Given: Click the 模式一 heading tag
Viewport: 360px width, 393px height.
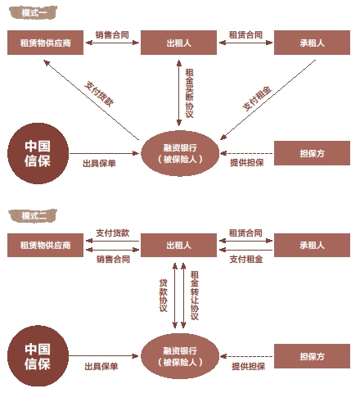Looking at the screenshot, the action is (33, 12).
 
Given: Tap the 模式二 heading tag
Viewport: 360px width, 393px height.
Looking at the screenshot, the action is (33, 216).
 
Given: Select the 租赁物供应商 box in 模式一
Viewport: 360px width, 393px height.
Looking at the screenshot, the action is (45, 43).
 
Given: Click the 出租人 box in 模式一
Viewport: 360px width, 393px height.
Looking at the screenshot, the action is (178, 43).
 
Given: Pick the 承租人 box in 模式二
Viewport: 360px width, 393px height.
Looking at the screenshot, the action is (312, 245).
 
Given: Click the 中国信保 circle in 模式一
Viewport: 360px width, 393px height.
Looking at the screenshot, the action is (38, 153).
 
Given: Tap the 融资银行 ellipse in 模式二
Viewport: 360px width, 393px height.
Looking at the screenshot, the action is (180, 356).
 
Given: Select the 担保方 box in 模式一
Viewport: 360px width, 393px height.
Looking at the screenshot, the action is (312, 153).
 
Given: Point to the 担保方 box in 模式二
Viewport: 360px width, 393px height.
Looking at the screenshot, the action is (312, 356).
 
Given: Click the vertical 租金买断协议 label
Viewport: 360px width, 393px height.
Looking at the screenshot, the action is (189, 93).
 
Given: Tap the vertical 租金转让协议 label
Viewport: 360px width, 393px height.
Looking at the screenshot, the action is (195, 296).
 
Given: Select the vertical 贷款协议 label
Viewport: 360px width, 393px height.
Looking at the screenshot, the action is (163, 296).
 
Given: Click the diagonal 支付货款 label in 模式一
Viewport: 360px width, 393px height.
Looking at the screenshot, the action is (99, 94).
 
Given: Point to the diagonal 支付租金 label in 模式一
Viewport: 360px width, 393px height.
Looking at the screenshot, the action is (257, 98).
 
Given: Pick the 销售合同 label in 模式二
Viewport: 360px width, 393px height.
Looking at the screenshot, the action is (113, 259).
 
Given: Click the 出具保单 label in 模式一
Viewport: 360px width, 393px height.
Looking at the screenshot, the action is (99, 163).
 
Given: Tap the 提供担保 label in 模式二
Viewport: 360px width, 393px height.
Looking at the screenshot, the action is (249, 366).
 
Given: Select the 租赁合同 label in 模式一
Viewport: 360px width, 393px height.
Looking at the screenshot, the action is (245, 34).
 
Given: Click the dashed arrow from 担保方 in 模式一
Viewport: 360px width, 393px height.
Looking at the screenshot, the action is (246, 153).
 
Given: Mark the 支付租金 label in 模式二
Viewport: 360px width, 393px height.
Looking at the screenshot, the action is (246, 259).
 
